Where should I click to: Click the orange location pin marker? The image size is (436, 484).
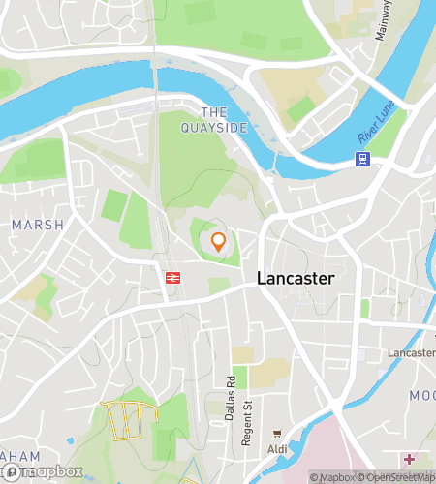[219, 242]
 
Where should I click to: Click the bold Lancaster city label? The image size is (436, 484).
[296, 279]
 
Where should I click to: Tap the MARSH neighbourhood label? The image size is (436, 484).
[37, 225]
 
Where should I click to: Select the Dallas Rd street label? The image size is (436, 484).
[231, 393]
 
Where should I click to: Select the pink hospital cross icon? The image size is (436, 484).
[410, 459]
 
